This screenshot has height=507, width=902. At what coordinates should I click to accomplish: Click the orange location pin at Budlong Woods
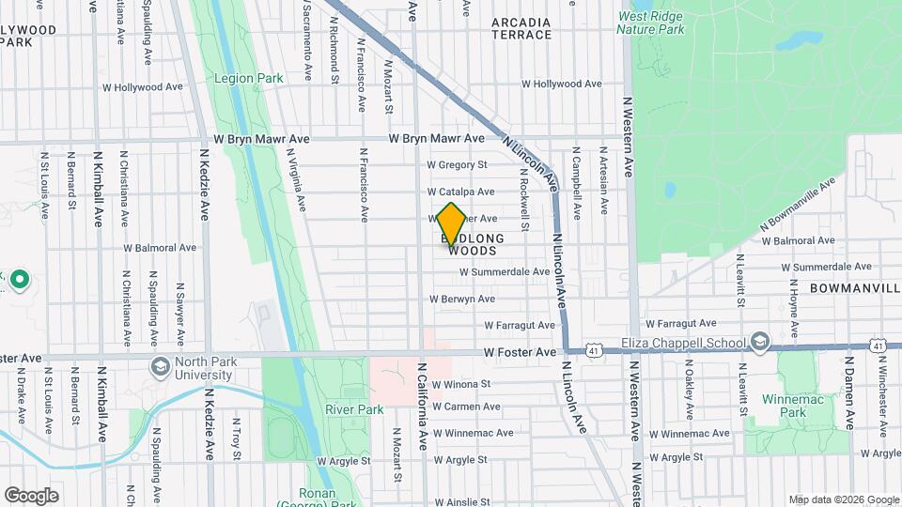451,223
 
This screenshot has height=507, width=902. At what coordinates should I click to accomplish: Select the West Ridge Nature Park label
651,23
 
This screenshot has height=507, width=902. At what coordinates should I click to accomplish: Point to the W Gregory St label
458,164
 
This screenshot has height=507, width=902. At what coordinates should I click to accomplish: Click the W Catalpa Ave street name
461,192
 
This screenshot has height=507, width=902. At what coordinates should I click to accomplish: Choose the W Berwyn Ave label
462,299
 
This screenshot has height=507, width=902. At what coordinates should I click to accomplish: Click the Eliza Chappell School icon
759,341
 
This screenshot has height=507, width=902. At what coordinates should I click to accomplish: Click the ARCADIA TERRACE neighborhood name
521,28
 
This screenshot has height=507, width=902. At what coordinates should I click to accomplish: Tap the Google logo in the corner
31,495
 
